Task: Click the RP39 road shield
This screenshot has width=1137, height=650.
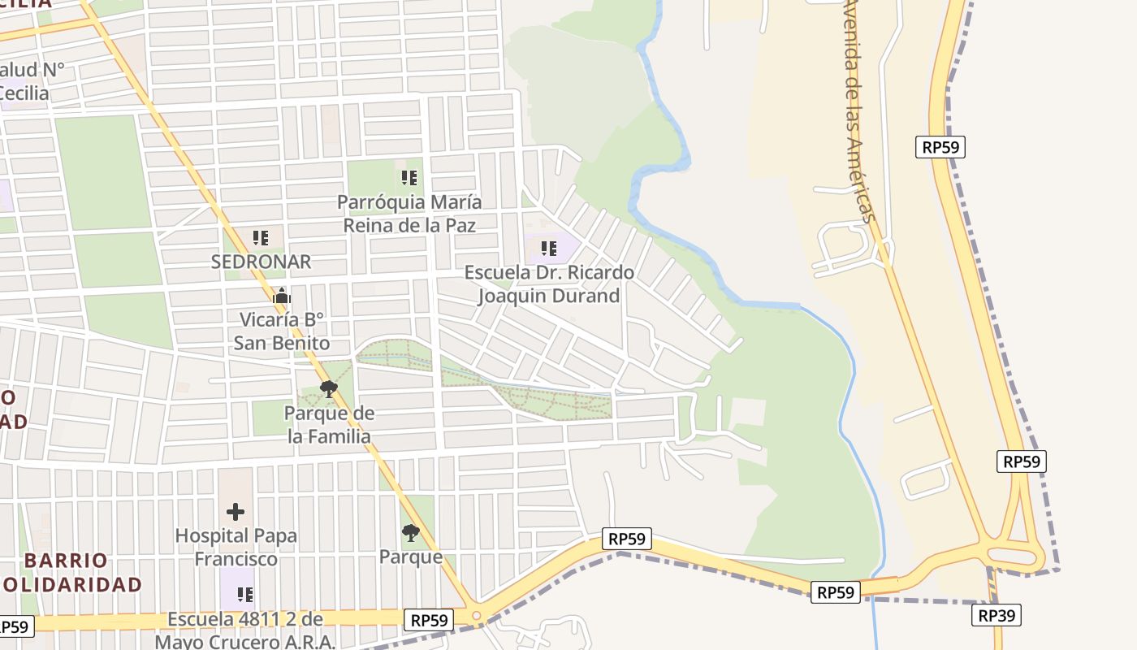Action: (996, 615)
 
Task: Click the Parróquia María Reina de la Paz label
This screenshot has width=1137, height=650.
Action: (409, 213)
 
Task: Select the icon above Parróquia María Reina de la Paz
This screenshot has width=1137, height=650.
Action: (409, 177)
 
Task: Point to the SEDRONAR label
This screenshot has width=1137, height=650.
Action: (261, 262)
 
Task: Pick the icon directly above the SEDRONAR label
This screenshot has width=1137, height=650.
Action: (261, 238)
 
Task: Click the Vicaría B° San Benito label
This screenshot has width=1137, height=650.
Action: (282, 331)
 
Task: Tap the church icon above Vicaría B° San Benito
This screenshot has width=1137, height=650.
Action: (282, 297)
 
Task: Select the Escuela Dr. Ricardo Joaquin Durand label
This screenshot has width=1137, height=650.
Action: (549, 284)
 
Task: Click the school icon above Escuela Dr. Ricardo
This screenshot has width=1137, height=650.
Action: (549, 249)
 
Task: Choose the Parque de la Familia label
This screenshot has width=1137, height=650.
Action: (329, 425)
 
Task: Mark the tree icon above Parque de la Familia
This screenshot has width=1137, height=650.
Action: (329, 389)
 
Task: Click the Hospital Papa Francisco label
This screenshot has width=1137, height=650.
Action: (236, 548)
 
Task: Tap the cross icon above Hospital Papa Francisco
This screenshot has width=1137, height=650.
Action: (236, 512)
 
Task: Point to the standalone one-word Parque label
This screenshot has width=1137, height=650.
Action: (411, 557)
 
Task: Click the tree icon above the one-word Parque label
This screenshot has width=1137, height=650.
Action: (411, 533)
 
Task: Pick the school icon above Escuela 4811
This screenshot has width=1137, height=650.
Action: (244, 595)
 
